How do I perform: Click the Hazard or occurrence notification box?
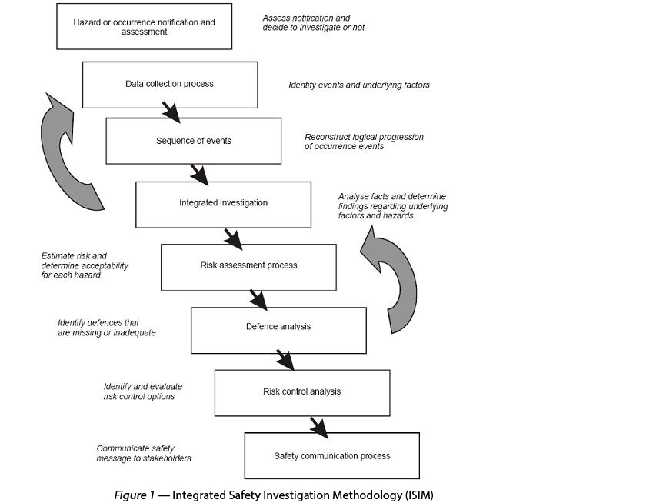coord(144,27)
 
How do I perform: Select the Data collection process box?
coord(169,84)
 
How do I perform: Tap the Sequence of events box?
coord(193,141)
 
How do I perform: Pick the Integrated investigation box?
coord(223,203)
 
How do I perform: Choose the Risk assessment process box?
coord(248,266)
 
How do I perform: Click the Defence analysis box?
coord(278,328)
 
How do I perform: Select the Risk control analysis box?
coord(301,392)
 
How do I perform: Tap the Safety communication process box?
coord(331,456)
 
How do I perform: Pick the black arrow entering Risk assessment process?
coord(232,238)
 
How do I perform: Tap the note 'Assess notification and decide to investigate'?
coord(313,22)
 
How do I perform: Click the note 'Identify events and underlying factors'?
coord(358,85)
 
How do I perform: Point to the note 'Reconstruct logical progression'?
coord(364,142)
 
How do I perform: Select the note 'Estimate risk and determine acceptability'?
coord(85,265)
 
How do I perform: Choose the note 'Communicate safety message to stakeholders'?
coord(144,453)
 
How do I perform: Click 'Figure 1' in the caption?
coord(135,495)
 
